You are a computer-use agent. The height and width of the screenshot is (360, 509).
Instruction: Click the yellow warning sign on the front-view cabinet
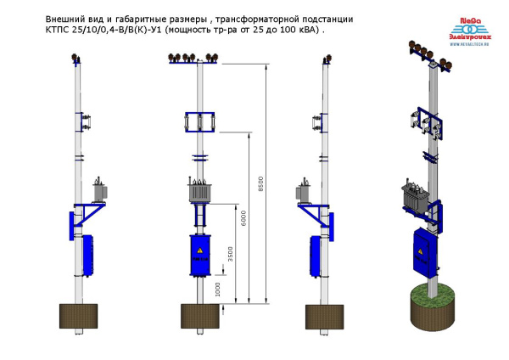click(200, 252)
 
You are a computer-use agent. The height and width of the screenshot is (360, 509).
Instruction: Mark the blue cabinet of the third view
click(314, 256)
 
